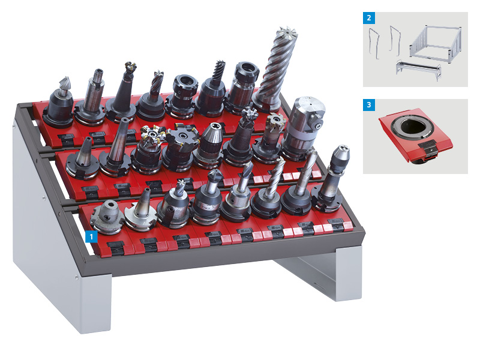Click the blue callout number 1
[x=91, y=237]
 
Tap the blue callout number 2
[x=369, y=18]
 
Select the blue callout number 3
[x=369, y=104]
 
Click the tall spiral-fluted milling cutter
[x=274, y=69]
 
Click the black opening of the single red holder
[x=411, y=127]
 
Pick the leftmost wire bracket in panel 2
[x=374, y=43]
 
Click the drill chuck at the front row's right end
[x=332, y=178]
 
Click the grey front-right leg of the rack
[x=349, y=272]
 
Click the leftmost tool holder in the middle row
[x=83, y=158]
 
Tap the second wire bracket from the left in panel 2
[x=395, y=41]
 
